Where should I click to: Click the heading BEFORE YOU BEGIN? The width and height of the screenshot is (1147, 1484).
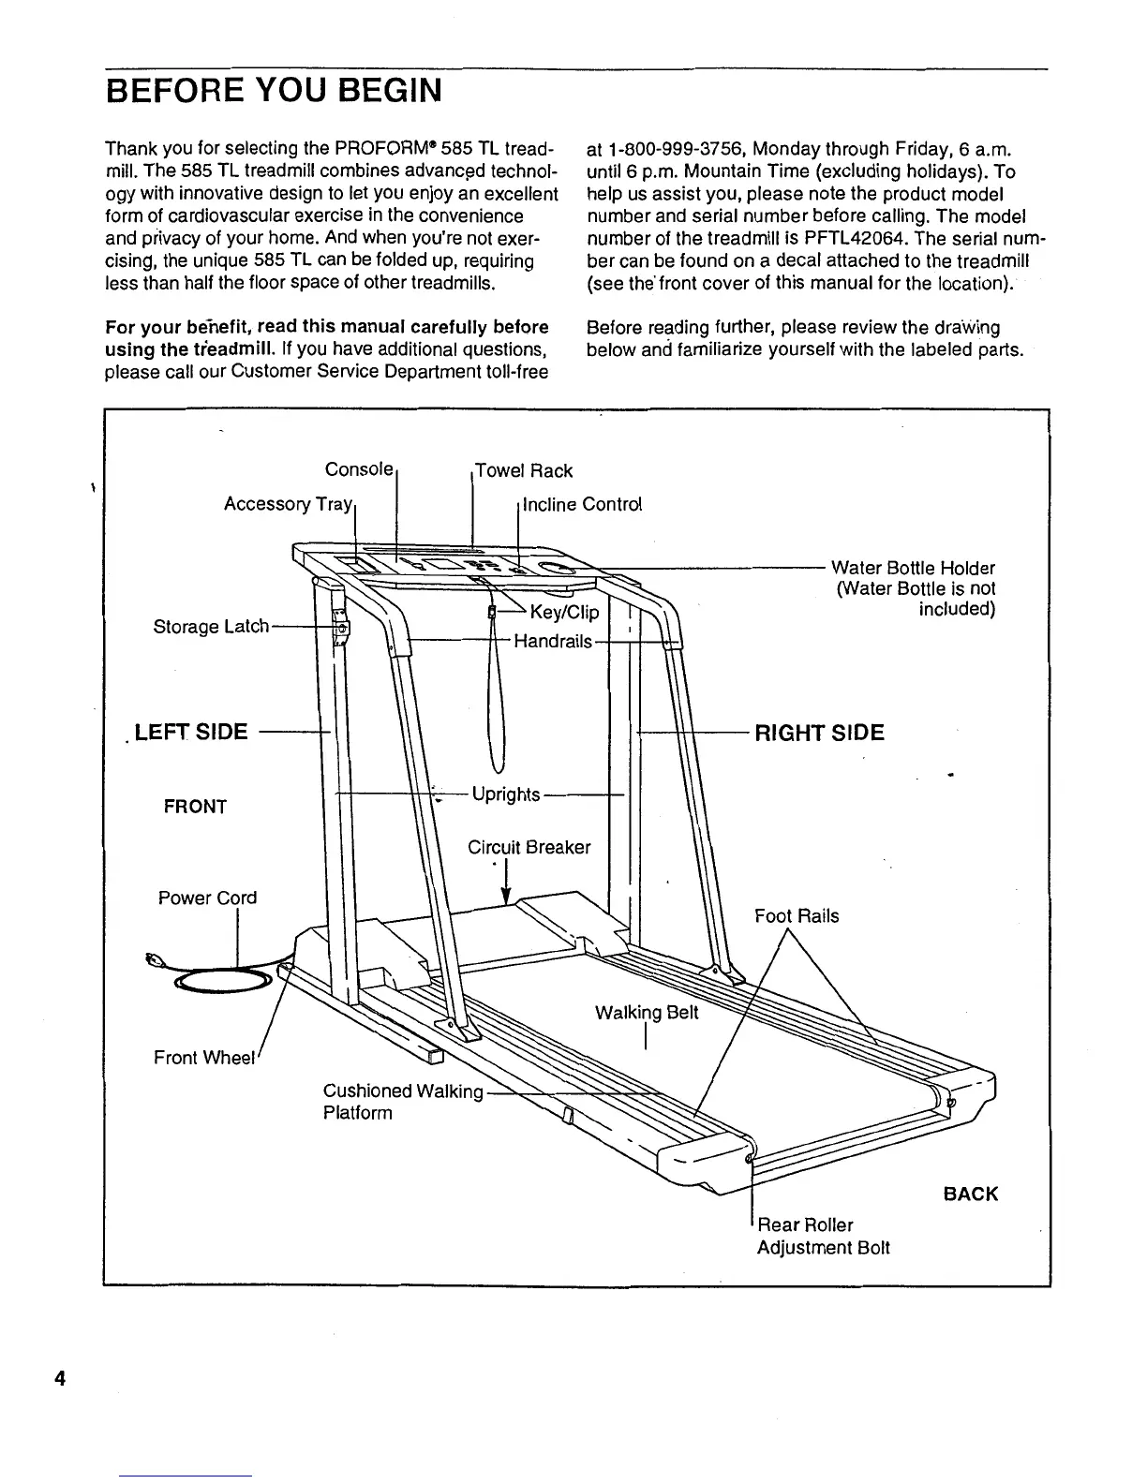[273, 93]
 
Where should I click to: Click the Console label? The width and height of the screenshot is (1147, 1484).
[358, 469]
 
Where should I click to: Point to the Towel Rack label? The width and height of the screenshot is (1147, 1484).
[524, 470]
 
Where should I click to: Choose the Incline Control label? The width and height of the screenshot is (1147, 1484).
[582, 505]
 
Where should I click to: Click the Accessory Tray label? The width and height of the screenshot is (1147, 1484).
[287, 505]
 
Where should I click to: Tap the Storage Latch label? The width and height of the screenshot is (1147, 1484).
[211, 627]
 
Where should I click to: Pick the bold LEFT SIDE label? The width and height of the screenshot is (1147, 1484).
[191, 733]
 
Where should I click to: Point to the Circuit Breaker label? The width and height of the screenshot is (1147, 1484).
[529, 848]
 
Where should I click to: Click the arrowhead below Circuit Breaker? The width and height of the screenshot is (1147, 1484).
[506, 898]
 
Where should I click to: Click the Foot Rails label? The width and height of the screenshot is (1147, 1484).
[797, 916]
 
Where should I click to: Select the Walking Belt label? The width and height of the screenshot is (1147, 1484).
[647, 1013]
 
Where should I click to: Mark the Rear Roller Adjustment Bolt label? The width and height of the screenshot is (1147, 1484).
[823, 1237]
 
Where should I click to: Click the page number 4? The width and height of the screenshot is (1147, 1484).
[60, 1379]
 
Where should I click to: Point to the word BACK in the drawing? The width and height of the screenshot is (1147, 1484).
[971, 1195]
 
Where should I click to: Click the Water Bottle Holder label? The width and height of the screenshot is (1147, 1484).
[913, 569]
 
